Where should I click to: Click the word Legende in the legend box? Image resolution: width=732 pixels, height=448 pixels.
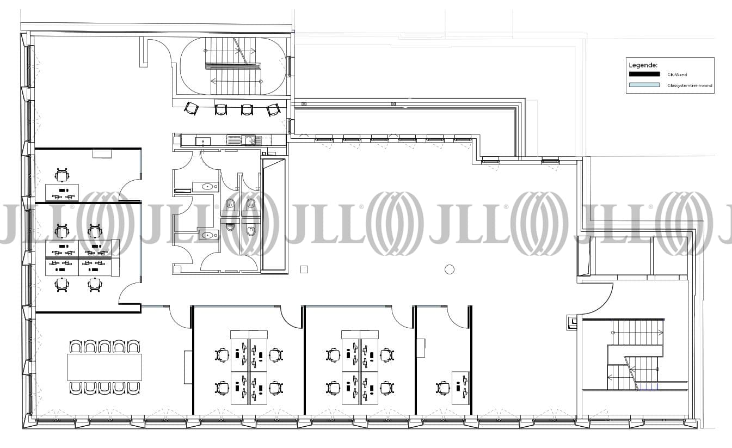pos(642,65)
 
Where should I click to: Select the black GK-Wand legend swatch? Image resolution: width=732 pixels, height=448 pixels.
pos(644,75)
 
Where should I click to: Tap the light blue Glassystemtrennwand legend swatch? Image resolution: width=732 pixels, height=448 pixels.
pos(644,85)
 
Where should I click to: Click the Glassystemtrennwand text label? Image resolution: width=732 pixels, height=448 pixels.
pos(690,85)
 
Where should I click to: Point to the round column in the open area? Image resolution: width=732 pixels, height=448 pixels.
pos(450,269)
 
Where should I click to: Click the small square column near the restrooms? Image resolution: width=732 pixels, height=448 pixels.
pos(304,269)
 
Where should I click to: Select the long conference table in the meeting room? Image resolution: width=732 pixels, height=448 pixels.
pos(104,367)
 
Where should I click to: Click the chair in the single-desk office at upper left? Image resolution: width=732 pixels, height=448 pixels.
pos(61,175)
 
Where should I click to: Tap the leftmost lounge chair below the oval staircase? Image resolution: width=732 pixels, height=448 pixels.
pos(191,108)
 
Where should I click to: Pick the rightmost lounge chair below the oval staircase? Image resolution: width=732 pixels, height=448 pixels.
pos(273,109)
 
